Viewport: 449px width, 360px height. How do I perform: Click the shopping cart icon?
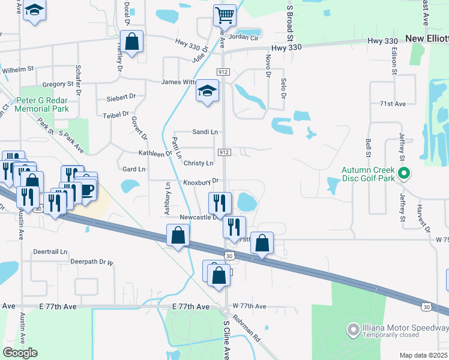[224, 14]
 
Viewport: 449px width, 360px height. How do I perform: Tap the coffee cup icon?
[87, 190]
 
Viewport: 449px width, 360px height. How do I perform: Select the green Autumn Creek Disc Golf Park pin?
[405, 175]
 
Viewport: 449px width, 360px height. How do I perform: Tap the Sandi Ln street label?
[205, 131]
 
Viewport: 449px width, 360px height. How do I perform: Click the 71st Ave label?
[393, 104]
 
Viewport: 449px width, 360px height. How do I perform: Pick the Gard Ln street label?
[134, 169]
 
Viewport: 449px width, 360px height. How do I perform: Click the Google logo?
[20, 352]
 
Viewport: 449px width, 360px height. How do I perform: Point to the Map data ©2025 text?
[423, 355]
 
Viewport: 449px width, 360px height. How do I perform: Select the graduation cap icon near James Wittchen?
[208, 91]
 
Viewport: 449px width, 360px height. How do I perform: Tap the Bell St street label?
[368, 145]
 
